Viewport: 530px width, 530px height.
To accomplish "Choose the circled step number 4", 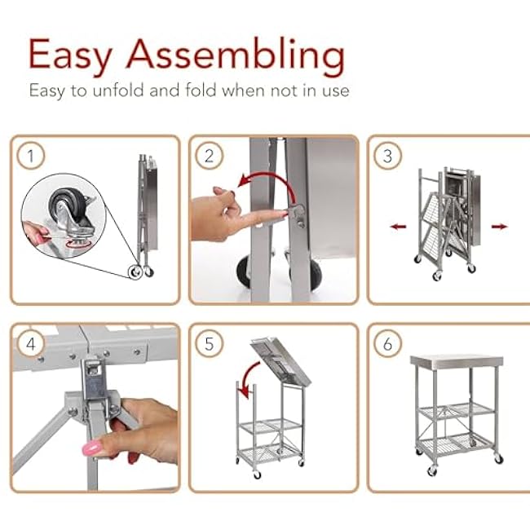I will tap(31, 344).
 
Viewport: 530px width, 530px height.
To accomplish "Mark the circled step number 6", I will tap(387, 344).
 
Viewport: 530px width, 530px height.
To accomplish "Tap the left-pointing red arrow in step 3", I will tap(399, 227).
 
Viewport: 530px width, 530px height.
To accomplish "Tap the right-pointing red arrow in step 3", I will tap(499, 227).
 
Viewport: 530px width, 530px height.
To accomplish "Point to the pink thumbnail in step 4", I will tap(91, 447).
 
